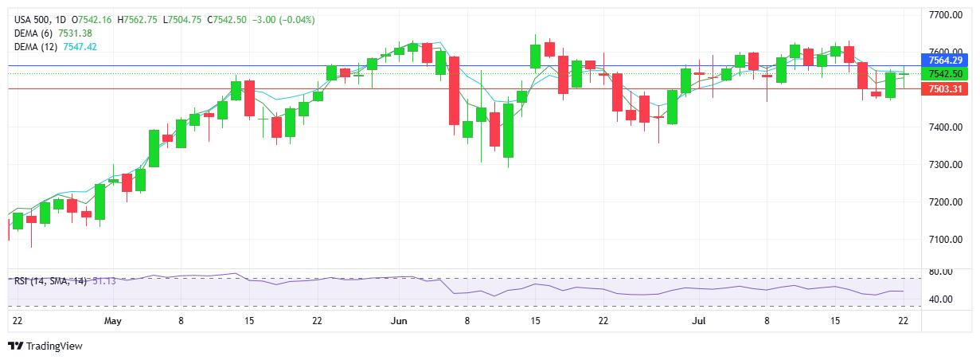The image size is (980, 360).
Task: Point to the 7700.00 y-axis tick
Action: (x=946, y=15)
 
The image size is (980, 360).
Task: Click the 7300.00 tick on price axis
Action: (x=946, y=165)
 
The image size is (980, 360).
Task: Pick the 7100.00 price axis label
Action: (x=946, y=240)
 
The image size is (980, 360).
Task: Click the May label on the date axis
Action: (x=112, y=321)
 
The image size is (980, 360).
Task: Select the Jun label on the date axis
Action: (x=399, y=321)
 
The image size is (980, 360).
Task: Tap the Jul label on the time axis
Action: (x=699, y=321)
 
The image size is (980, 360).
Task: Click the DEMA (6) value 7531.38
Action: (x=75, y=33)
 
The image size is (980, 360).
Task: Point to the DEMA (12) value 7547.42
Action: (x=80, y=47)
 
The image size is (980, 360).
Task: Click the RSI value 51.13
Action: (x=104, y=280)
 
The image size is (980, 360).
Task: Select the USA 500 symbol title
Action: (x=33, y=20)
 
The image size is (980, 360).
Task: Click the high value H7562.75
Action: (x=137, y=20)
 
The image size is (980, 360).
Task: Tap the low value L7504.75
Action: (x=182, y=20)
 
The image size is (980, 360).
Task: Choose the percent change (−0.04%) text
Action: (x=297, y=20)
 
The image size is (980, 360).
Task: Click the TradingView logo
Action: (x=45, y=346)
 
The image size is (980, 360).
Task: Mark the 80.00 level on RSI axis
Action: (x=941, y=272)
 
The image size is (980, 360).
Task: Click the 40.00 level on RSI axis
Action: (x=941, y=299)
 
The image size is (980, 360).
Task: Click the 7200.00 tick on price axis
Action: (x=946, y=202)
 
